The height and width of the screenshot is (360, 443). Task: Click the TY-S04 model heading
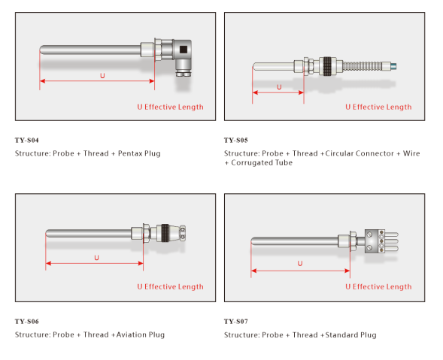(27, 141)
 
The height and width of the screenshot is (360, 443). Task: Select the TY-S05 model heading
(236, 141)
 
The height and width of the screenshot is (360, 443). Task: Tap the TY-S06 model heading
(27, 322)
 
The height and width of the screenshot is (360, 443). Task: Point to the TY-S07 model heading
(236, 322)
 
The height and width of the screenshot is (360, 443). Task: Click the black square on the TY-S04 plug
(184, 50)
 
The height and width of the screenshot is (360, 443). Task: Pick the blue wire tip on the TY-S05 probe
(393, 67)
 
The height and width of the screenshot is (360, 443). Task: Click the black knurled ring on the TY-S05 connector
(327, 66)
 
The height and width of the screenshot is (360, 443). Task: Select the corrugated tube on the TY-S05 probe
(363, 67)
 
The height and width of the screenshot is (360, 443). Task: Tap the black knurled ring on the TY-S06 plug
(165, 233)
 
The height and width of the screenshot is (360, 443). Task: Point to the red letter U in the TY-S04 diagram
(102, 76)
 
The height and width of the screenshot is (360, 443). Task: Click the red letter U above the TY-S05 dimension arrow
(279, 87)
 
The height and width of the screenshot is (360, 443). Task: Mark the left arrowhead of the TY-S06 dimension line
(48, 264)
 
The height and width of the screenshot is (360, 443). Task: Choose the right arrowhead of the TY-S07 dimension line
(347, 271)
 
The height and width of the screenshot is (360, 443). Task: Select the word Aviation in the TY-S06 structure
(131, 335)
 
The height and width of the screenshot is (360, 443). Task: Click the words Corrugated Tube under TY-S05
(262, 162)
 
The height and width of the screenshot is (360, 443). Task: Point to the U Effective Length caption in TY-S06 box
(171, 287)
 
